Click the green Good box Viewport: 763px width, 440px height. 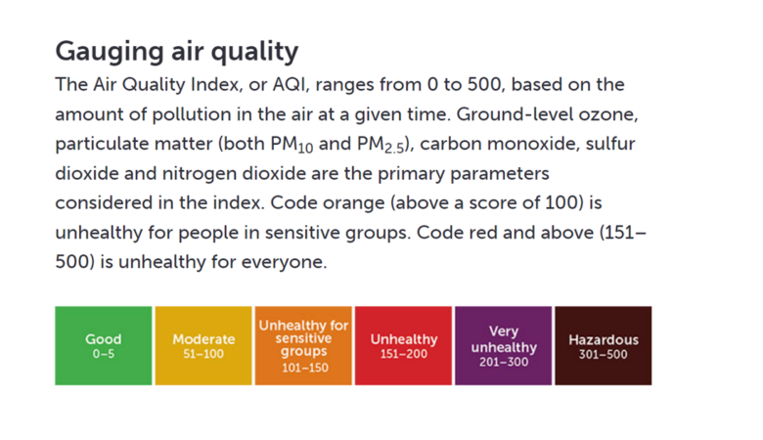coord(103,346)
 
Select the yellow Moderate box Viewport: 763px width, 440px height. coord(203,346)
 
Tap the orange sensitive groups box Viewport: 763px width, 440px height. coord(303,346)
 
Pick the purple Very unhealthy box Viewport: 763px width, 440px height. coord(503,346)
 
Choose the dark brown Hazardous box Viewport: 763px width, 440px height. coord(604,346)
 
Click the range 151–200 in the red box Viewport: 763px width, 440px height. coord(404,354)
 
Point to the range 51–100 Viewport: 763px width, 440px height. coord(203,354)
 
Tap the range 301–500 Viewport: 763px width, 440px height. coord(604,354)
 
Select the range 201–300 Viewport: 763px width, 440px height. coord(504,362)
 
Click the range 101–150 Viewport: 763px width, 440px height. coord(305,368)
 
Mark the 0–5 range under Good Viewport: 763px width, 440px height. coord(104,354)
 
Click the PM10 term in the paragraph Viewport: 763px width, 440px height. coord(292,145)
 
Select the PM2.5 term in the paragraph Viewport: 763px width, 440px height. coord(381,145)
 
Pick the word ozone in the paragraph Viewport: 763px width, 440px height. coord(607,114)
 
